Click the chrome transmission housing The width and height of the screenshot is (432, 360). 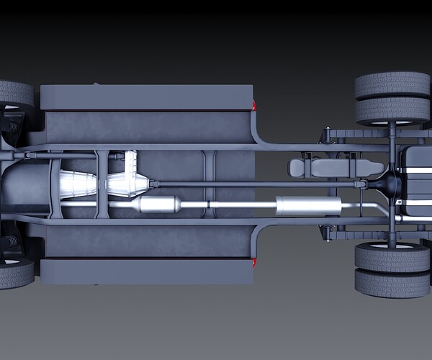pos(78,184)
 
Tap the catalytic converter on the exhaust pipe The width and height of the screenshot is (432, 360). pos(159,204)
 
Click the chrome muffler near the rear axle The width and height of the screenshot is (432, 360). pos(308,206)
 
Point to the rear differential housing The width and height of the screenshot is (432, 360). pos(391,184)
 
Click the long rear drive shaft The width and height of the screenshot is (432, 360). pos(252,184)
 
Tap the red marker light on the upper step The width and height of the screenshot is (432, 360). pos(253,106)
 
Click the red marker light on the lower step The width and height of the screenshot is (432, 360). pos(253,262)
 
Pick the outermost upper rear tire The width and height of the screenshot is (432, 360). pos(392,85)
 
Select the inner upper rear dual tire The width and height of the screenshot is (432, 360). pos(392,110)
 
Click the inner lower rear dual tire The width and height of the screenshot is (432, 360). pos(392,256)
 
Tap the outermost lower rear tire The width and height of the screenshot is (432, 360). pos(392,283)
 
